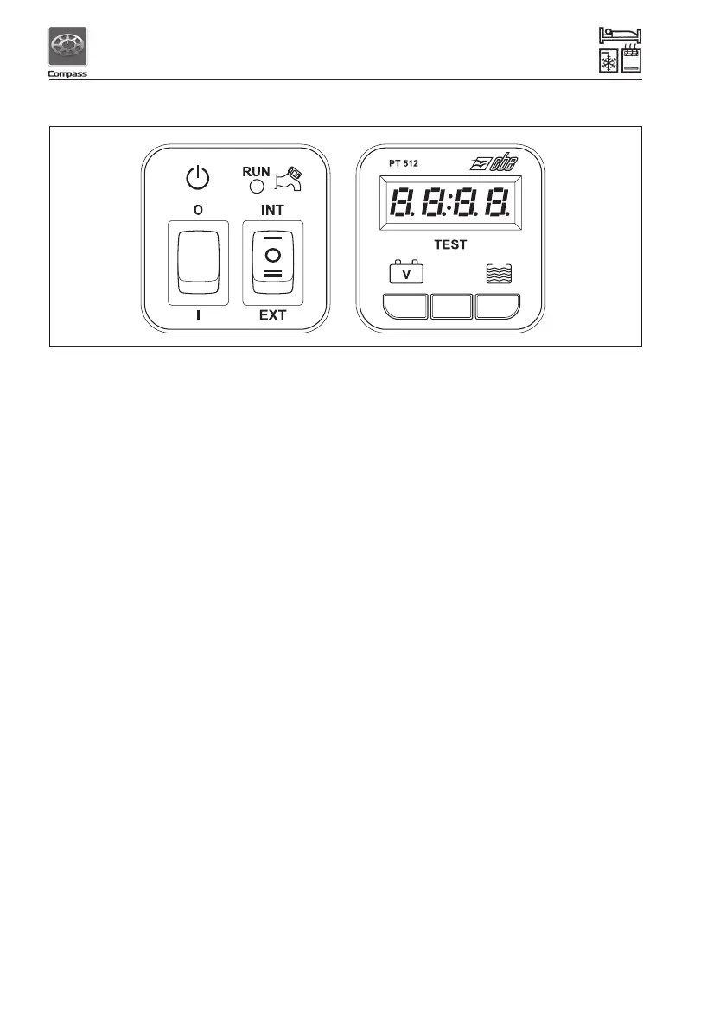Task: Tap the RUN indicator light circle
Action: [256, 184]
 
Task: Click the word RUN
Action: [256, 171]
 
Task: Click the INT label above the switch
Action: [272, 210]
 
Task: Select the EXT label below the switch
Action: [272, 315]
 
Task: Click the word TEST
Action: [450, 244]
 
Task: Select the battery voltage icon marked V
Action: [406, 273]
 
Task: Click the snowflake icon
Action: [608, 64]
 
